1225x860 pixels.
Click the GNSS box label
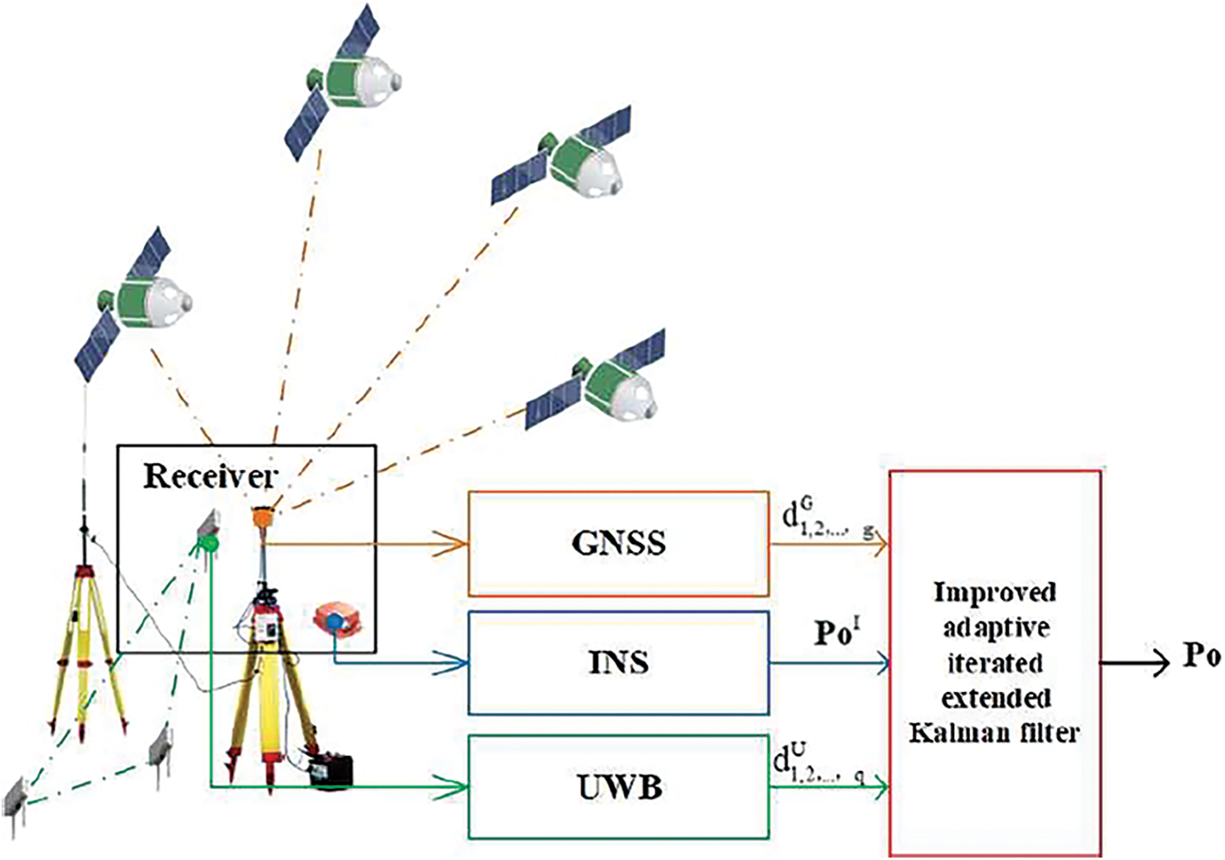pos(618,543)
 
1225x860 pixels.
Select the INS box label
pos(618,662)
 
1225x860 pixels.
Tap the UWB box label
pos(618,787)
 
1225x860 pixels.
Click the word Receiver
pos(210,476)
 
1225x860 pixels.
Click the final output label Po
pos(1201,656)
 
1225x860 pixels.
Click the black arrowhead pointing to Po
pos(1160,662)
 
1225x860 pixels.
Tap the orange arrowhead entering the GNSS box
pos(453,543)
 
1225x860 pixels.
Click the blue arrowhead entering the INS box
pos(453,662)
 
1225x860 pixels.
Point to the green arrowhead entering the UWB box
pos(453,787)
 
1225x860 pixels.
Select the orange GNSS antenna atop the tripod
pos(263,516)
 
